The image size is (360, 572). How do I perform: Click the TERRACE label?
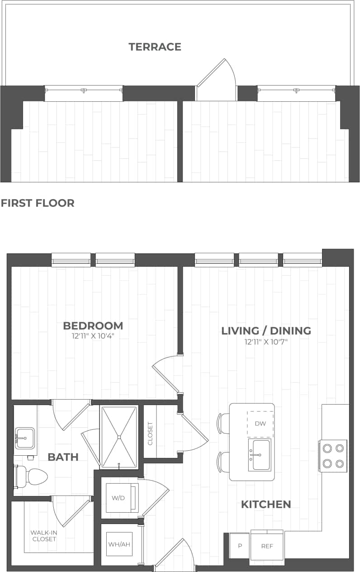[x=155, y=47]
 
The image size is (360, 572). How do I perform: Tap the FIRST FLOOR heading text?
[x=38, y=203]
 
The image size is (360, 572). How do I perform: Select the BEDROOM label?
[x=93, y=326]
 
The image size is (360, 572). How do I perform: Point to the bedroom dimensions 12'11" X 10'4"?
[x=93, y=336]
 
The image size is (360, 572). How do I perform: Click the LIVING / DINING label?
[x=266, y=331]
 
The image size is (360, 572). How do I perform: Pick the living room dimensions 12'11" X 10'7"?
[x=266, y=341]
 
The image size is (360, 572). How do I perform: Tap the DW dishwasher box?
[x=260, y=424]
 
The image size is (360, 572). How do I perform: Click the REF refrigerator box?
[x=267, y=546]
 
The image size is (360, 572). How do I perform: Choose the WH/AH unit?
[x=119, y=544]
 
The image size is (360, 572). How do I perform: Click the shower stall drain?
[x=119, y=437]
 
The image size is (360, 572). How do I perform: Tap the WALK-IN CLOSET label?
[x=43, y=536]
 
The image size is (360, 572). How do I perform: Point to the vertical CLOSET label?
[x=150, y=434]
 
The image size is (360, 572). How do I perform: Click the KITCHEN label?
[x=265, y=504]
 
